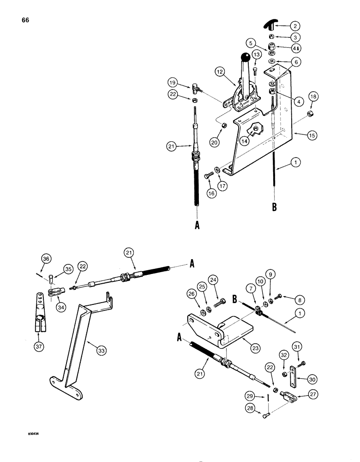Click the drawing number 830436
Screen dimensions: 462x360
(x=33, y=434)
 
